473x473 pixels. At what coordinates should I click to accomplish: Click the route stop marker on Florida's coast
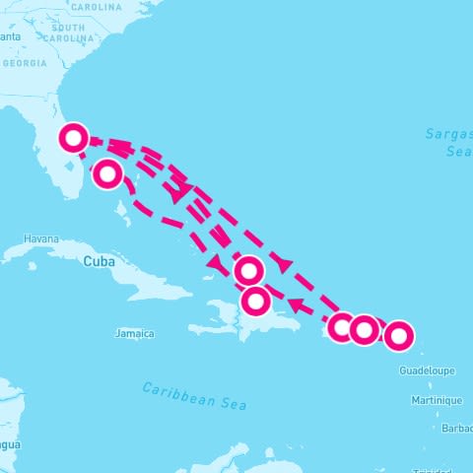pyautogui.click(x=74, y=138)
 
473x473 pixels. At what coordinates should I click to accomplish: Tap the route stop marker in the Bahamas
pyautogui.click(x=107, y=174)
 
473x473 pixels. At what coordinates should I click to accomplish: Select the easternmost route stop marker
pyautogui.click(x=398, y=336)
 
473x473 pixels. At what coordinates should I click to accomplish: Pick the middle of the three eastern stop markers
pyautogui.click(x=365, y=330)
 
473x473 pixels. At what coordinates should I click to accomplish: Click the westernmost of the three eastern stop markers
pyautogui.click(x=342, y=328)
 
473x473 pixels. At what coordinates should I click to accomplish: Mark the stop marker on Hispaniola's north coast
pyautogui.click(x=256, y=300)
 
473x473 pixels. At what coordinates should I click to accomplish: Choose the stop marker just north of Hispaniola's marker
pyautogui.click(x=249, y=270)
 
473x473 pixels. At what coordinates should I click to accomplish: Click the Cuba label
pyautogui.click(x=99, y=261)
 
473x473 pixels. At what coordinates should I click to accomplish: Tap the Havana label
pyautogui.click(x=41, y=238)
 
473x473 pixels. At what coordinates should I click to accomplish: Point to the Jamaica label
pyautogui.click(x=134, y=333)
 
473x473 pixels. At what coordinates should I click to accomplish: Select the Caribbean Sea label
pyautogui.click(x=193, y=396)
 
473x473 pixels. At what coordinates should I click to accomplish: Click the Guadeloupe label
pyautogui.click(x=427, y=371)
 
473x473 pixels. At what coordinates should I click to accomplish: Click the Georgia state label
pyautogui.click(x=24, y=63)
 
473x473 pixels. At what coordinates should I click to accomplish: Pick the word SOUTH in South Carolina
pyautogui.click(x=68, y=28)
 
